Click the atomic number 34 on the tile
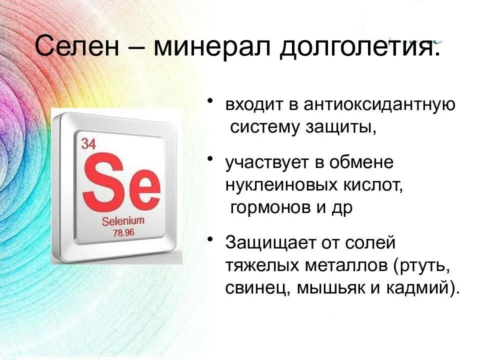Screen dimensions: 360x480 (88, 144)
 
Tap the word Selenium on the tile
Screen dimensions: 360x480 (122, 220)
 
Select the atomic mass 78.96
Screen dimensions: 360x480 (123, 232)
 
